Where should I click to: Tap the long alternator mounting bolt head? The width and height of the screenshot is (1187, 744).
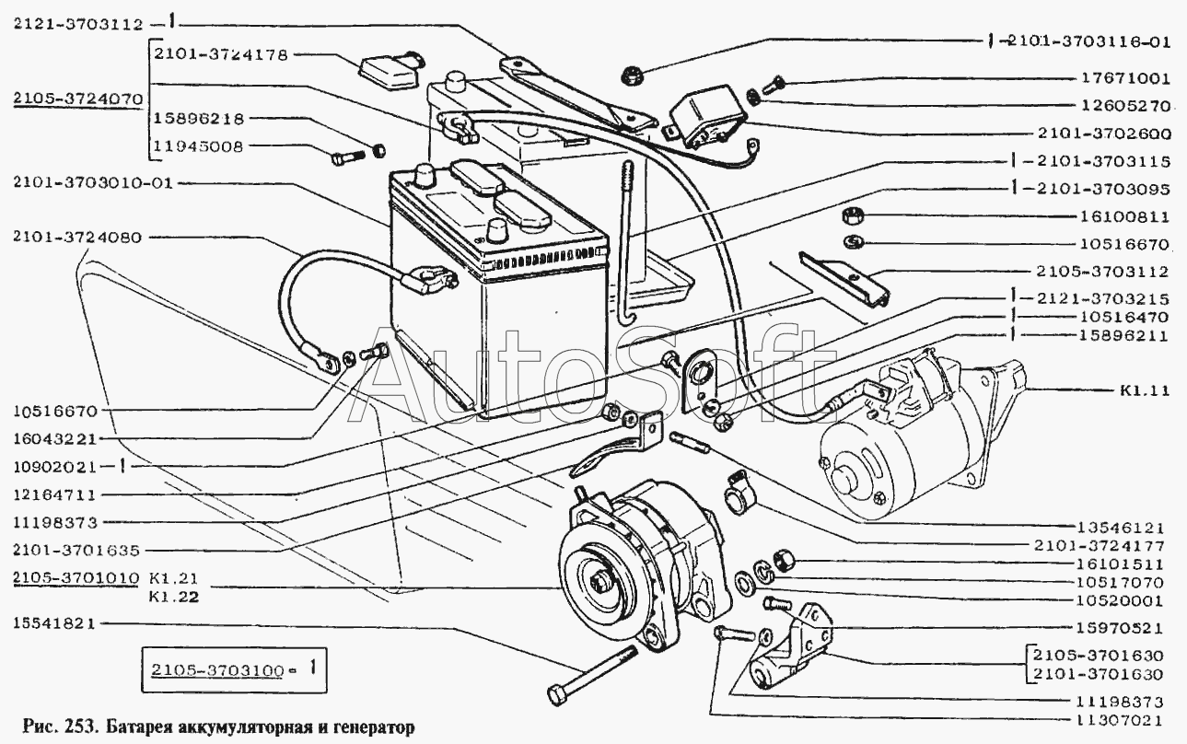pyautogui.click(x=558, y=693)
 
